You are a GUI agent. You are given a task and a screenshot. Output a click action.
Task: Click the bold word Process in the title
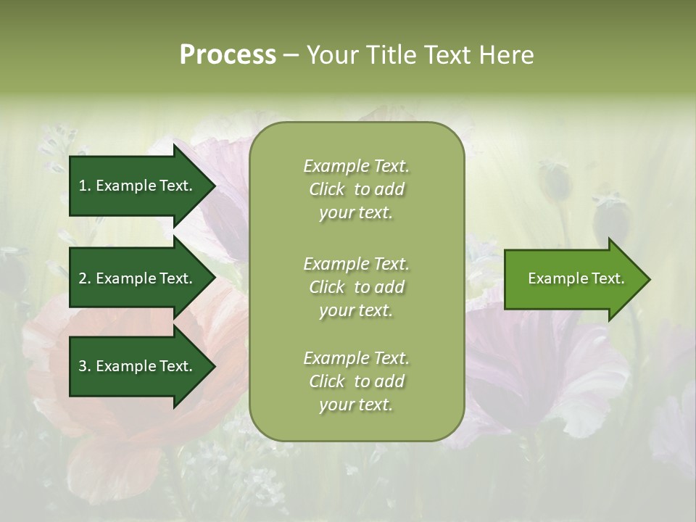228,55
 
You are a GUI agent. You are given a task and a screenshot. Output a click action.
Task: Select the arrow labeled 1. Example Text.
138,186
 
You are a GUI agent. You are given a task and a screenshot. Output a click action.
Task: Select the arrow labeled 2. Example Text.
138,278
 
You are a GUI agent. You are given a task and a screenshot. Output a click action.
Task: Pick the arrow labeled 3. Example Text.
138,366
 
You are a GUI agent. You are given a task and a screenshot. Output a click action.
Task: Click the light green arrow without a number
573,278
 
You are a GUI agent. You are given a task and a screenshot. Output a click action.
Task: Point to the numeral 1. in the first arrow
84,186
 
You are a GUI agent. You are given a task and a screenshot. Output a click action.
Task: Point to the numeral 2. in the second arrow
84,278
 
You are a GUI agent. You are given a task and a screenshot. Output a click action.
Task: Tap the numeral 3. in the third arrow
84,366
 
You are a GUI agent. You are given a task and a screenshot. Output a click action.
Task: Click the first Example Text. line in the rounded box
356,166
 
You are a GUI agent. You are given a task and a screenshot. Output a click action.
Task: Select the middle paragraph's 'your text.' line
356,310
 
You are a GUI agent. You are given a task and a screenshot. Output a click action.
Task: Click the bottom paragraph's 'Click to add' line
356,381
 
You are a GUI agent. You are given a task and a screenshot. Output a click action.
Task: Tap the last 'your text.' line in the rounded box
356,405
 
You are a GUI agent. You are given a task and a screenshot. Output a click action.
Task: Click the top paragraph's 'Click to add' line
356,189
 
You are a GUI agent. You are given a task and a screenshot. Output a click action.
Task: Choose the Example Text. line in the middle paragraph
356,264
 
